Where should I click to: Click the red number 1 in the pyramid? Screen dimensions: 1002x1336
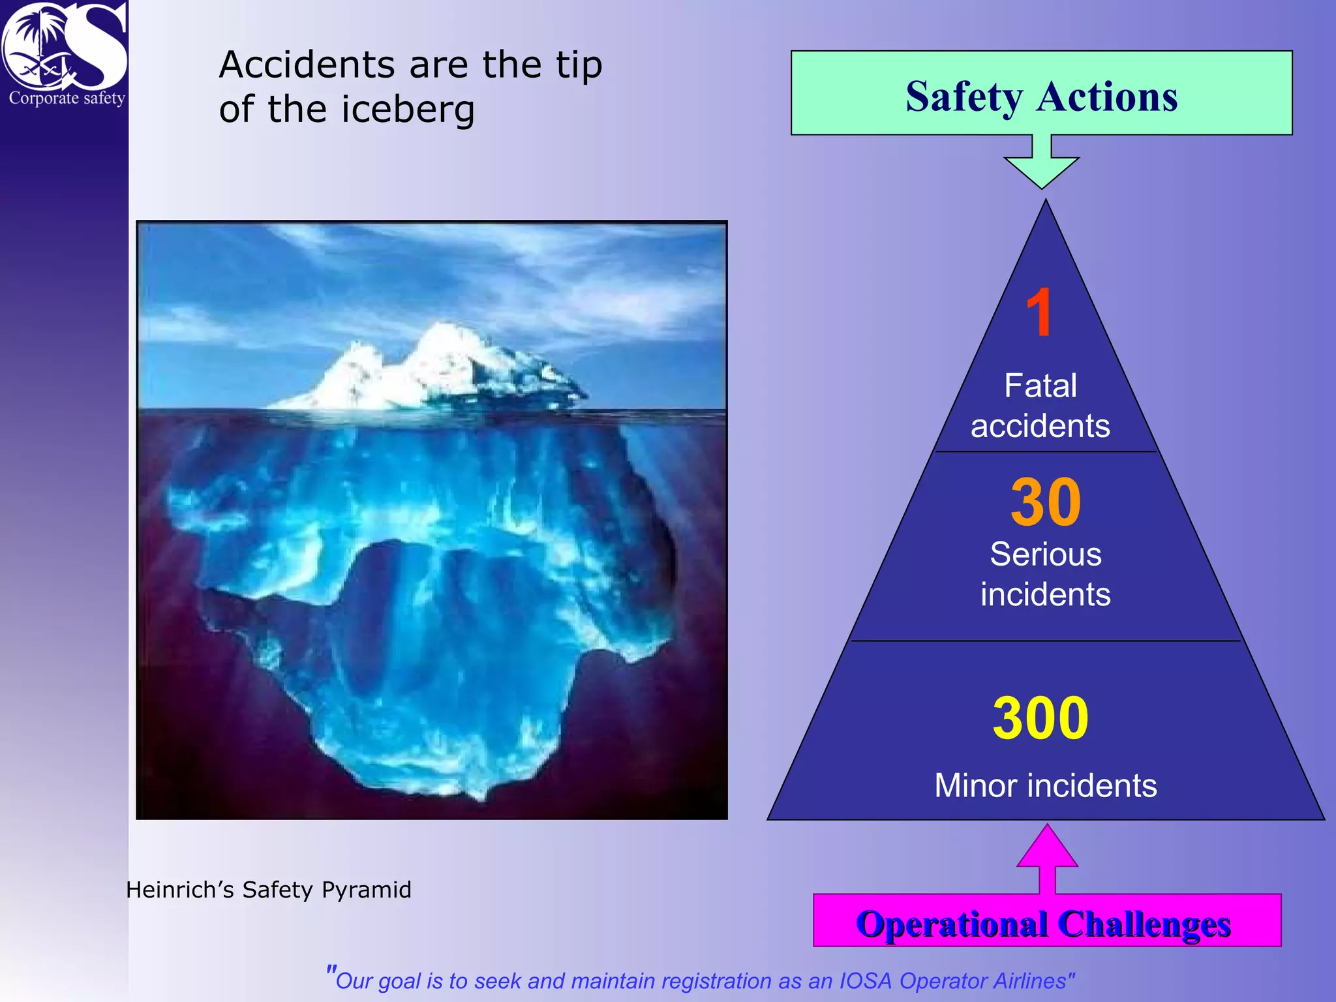click(1039, 312)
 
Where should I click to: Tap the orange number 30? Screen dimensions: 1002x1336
click(1046, 502)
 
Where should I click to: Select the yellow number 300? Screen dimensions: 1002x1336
click(1040, 718)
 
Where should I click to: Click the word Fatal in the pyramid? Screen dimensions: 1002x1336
click(1040, 385)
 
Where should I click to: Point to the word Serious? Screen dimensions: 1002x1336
click(1045, 554)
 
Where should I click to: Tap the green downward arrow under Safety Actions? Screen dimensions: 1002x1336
click(1041, 163)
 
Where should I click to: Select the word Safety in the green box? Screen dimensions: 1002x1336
click(964, 97)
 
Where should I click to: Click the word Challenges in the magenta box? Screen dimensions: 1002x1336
click(1144, 924)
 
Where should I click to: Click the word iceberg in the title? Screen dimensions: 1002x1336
click(408, 110)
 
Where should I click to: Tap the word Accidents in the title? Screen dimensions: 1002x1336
click(307, 65)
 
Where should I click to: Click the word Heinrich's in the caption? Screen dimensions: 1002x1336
click(179, 890)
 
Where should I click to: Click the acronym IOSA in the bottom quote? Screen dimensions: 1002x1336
click(866, 981)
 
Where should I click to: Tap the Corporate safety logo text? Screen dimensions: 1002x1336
click(67, 99)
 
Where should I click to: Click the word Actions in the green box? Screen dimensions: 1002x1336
click(1107, 97)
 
